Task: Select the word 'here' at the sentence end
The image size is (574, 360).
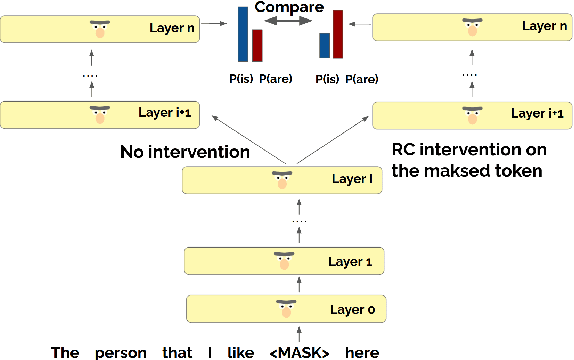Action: (361, 351)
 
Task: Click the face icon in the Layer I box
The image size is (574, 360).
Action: (281, 182)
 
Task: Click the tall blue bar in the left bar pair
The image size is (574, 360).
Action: (241, 33)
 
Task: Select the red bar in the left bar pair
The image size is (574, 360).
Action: (257, 45)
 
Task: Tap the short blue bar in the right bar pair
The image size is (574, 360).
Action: (324, 46)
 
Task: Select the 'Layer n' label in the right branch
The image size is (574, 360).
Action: (541, 27)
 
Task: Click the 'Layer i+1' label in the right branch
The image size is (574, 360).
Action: (535, 112)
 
